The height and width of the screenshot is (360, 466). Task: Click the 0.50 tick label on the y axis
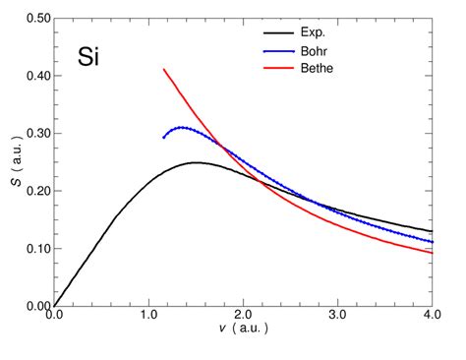(x=33, y=19)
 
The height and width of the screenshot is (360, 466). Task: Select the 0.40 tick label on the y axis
(x=33, y=77)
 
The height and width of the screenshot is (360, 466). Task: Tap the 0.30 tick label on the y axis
(x=33, y=134)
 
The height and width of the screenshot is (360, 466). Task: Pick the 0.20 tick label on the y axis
(x=33, y=192)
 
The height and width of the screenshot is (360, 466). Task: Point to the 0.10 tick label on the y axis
(x=33, y=249)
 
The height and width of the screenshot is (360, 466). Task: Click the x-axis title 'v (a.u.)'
(x=243, y=333)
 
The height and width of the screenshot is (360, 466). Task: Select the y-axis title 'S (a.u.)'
(x=12, y=161)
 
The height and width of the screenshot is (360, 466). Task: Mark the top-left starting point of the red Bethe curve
(x=163, y=69)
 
